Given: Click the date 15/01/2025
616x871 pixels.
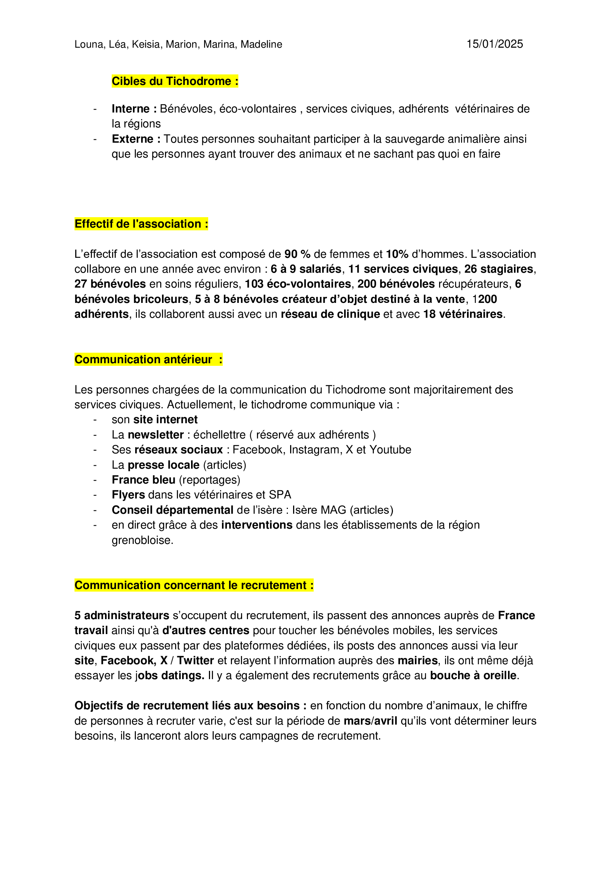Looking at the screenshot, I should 494,44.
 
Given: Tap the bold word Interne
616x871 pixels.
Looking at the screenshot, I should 130,109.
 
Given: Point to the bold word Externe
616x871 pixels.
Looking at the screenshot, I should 132,139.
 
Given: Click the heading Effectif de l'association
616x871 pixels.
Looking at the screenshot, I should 141,224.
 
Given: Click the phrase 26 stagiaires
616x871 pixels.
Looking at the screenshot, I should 499,269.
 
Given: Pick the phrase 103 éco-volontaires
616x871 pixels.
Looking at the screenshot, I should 298,284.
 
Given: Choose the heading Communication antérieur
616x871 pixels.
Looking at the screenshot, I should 148,359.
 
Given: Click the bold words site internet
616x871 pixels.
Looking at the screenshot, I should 165,419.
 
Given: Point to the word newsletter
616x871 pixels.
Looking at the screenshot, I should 156,435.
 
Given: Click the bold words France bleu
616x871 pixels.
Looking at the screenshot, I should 143,480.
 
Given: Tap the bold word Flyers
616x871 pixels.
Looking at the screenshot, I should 128,495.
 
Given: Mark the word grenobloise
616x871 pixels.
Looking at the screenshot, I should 142,540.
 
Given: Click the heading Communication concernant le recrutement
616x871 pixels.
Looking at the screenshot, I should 194,585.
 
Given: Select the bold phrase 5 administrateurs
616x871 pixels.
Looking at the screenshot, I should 122,615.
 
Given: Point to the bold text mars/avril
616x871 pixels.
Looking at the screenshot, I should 370,721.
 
